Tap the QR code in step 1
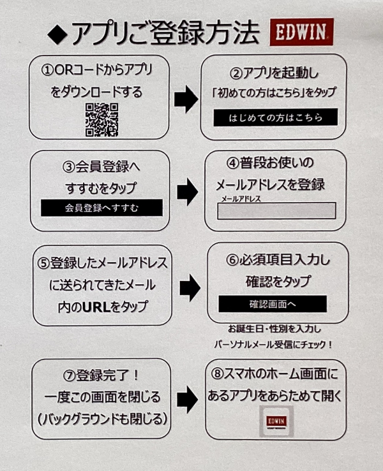coord(102,119)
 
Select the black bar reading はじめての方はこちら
coord(276,117)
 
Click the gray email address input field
coord(276,211)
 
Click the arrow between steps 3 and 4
coord(187,191)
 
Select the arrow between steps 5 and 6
coord(189,289)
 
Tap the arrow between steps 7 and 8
coord(187,400)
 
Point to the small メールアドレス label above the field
coord(241,199)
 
